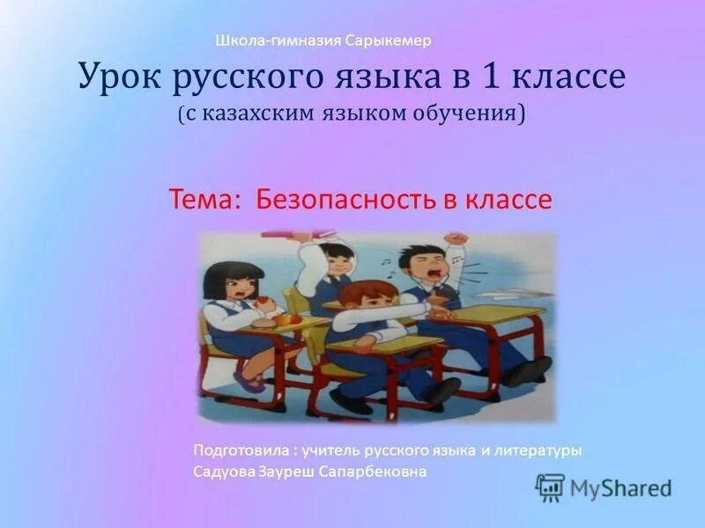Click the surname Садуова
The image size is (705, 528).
point(224,472)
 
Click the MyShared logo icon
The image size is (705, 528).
point(550,487)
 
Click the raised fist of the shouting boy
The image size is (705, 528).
point(455,239)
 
